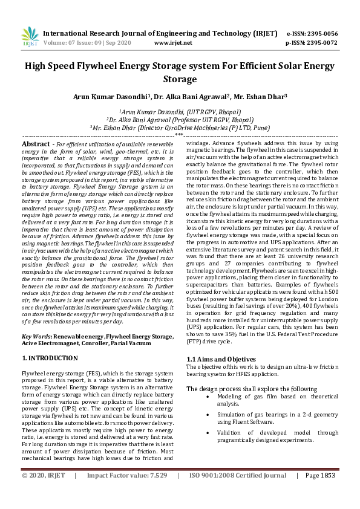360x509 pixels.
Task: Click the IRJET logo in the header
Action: pos(30,37)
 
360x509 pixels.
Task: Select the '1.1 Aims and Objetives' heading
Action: pos(220,360)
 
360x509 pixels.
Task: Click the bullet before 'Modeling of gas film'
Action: pos(208,397)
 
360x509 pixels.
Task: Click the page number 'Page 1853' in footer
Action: pos(320,493)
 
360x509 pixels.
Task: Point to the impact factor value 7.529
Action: pos(155,493)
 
